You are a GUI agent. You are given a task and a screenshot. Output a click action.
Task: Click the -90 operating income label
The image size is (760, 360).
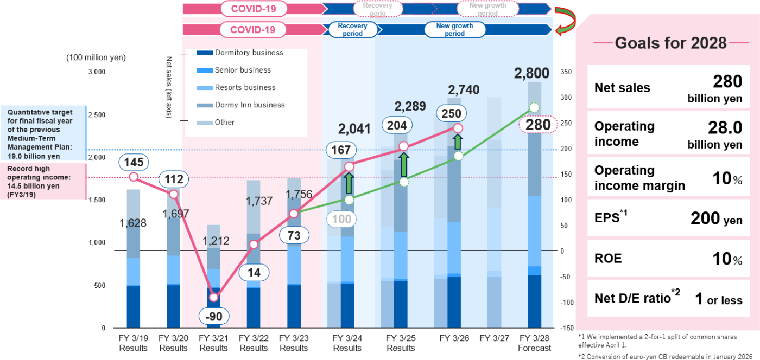pos(214,316)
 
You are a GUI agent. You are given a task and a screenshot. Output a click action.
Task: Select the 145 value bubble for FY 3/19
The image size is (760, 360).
pos(134,162)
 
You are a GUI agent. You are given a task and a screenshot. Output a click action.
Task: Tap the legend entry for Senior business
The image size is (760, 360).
pos(242,70)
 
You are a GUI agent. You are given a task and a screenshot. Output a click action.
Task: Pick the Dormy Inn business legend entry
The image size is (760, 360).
pos(249,105)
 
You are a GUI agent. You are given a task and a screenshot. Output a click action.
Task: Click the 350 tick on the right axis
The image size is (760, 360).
pos(566,72)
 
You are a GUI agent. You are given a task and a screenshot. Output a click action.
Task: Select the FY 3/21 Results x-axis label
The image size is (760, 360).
pos(214,343)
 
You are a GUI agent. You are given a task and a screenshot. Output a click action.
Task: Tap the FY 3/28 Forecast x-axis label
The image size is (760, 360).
pos(534,343)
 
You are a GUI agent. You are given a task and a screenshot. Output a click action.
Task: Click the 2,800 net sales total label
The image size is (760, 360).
pos(532,73)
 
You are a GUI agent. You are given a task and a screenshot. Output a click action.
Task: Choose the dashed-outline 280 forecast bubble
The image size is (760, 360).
pos(534,125)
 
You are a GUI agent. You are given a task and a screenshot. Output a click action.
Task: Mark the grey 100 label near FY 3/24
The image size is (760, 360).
pos(342,220)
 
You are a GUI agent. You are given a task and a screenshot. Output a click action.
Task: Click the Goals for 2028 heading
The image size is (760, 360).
pos(670,43)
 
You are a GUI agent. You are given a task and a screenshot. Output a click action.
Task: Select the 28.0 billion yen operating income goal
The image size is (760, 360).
pos(714,134)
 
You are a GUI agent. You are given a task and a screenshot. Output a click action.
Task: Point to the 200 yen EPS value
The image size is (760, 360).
pos(716,218)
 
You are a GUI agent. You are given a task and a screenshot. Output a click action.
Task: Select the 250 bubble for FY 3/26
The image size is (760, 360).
pos(451,114)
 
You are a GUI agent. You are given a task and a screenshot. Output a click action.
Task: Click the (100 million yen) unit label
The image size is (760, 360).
pos(96,57)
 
